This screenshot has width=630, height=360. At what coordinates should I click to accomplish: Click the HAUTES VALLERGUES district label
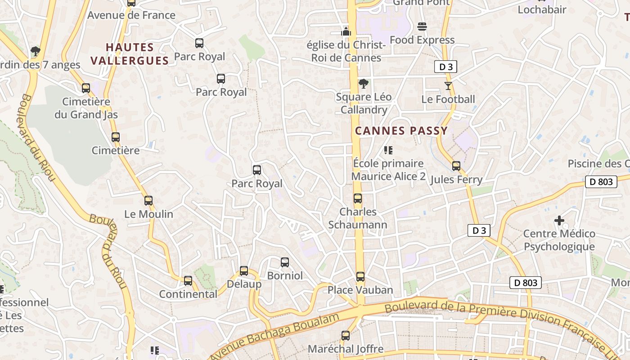(x=130, y=54)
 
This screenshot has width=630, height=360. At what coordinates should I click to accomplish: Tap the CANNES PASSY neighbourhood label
(x=401, y=131)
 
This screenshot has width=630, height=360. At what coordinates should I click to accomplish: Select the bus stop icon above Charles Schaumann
(x=358, y=198)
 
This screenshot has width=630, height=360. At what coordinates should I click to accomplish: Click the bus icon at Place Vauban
(x=360, y=277)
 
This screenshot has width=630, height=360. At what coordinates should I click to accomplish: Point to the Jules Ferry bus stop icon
(x=456, y=166)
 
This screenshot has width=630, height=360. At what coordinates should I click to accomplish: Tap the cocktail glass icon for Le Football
(x=448, y=85)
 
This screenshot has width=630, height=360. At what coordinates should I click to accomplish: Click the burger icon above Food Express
(x=422, y=27)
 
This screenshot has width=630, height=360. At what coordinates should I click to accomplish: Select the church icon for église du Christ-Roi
(x=346, y=31)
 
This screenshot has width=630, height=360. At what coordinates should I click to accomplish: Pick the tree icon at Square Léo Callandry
(x=363, y=84)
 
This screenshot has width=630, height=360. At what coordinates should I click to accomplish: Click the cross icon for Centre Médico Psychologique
(x=559, y=220)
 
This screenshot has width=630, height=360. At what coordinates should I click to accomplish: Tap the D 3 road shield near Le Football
(x=445, y=67)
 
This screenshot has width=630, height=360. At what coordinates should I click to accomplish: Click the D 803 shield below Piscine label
(x=601, y=182)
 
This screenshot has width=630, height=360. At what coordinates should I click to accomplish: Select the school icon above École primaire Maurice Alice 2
(x=388, y=150)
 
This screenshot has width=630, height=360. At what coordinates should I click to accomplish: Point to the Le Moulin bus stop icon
(x=148, y=201)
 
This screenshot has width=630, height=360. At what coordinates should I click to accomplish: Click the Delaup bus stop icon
(x=244, y=271)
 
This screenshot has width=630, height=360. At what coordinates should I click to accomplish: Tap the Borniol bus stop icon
(x=285, y=262)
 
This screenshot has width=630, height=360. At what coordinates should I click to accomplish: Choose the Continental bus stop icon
(x=188, y=281)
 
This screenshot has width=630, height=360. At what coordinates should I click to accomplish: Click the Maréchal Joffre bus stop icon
(x=346, y=336)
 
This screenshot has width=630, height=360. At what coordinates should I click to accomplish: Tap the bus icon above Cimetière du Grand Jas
(x=86, y=88)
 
